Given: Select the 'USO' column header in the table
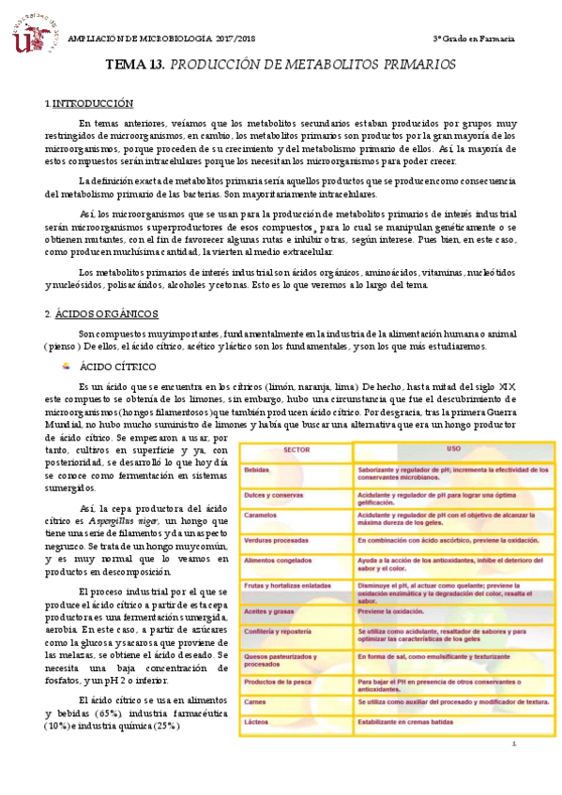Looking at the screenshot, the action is tap(453, 449).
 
